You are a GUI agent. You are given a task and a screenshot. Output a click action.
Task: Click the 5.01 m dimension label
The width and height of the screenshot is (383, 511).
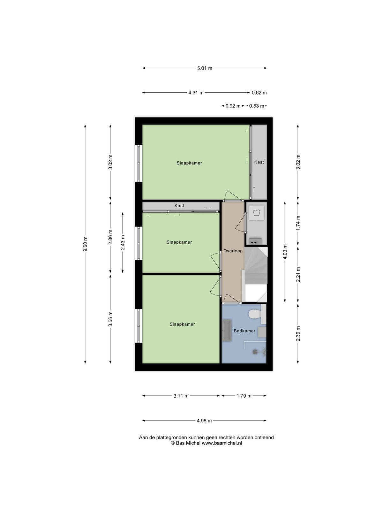tap(205, 68)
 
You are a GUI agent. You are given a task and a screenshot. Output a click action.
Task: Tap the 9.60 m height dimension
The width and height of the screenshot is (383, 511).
tap(85, 244)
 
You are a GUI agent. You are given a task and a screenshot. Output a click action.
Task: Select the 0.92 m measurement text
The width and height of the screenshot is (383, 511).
tap(233, 106)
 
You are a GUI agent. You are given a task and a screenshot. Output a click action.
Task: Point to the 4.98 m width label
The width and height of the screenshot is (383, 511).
tap(204, 421)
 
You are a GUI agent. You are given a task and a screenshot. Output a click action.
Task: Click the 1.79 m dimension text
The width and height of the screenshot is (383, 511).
tap(244, 396)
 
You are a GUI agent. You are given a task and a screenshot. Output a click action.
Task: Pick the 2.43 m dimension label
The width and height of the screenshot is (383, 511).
tap(123, 243)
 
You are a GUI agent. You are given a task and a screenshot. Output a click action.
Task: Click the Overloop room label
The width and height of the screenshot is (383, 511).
tap(233, 251)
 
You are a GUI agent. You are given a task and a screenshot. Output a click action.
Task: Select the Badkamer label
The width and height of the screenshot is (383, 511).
tap(244, 331)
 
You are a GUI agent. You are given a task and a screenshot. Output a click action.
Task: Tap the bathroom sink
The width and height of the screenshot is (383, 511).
tap(227, 331)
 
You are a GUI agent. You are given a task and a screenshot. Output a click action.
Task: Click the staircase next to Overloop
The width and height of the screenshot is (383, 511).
tap(255, 275)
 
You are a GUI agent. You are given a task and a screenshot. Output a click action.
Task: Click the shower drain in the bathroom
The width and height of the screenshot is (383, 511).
tap(255, 352)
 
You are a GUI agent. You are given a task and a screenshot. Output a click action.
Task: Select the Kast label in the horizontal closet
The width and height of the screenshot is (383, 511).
tap(179, 206)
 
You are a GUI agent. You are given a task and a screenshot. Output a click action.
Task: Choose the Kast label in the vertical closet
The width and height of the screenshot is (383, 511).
tap(259, 162)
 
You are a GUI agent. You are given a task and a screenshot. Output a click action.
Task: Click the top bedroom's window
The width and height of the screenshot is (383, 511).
tap(139, 163)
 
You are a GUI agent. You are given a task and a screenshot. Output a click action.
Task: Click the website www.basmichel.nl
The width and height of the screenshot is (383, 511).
tap(222, 443)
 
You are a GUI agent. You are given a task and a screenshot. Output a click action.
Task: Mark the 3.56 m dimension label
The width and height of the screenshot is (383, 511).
tap(110, 319)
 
